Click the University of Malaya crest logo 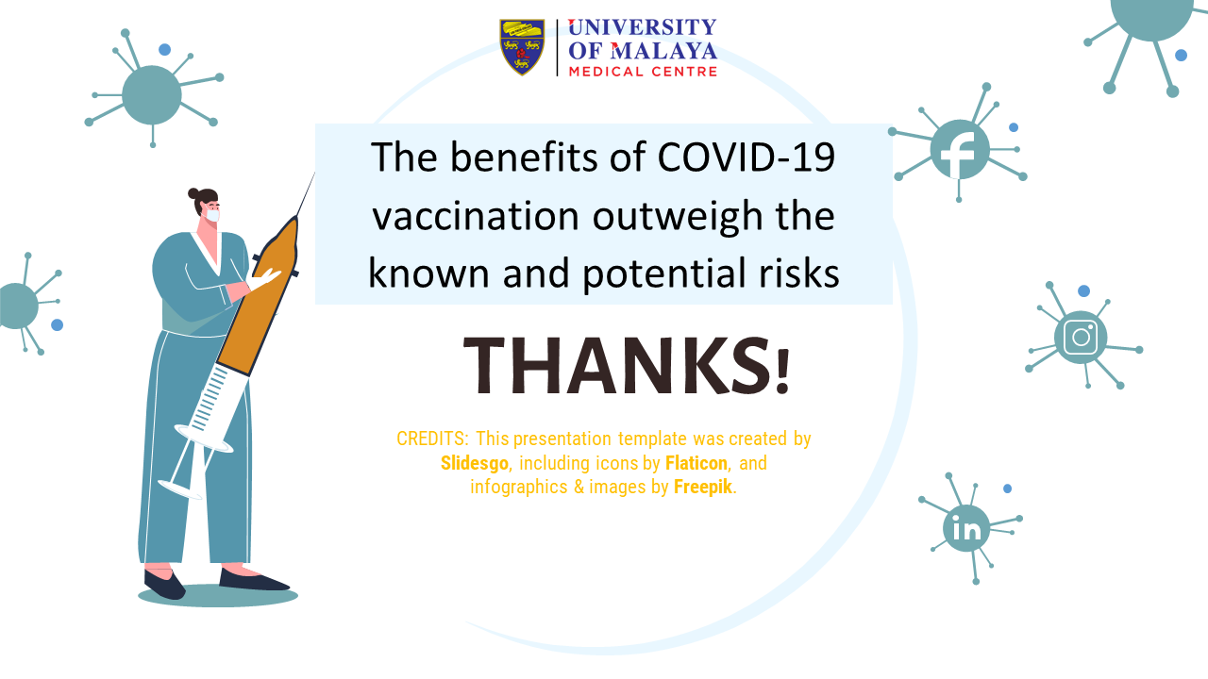(522, 47)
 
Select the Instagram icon (1081, 338)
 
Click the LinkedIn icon (966, 529)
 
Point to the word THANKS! (626, 366)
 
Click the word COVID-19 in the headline (747, 157)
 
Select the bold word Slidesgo (474, 463)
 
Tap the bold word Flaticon (696, 463)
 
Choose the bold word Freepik (703, 488)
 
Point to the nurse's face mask (212, 215)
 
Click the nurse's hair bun (193, 193)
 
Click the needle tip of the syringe (314, 173)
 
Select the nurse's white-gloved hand (263, 280)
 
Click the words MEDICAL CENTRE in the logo (643, 71)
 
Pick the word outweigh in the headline (678, 217)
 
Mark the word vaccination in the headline (476, 216)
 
